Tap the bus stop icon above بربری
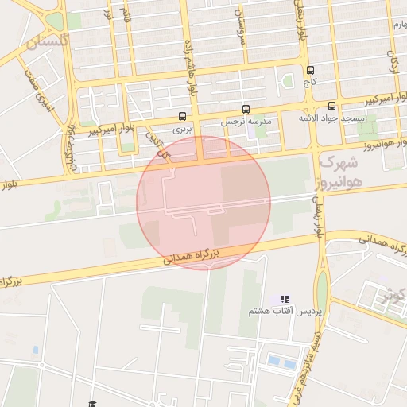click(x=184, y=115)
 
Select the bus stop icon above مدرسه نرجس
click(x=245, y=109)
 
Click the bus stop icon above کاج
click(x=309, y=69)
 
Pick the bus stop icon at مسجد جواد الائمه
click(x=331, y=106)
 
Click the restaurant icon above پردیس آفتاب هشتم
click(x=285, y=299)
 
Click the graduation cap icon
click(x=92, y=404)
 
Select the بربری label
click(x=184, y=128)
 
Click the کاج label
click(x=309, y=82)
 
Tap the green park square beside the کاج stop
click(x=288, y=79)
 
